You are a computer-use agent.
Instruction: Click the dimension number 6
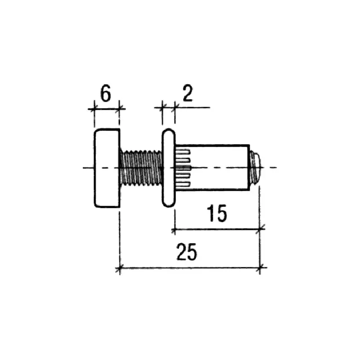(106, 93)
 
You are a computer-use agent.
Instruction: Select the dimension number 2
(188, 93)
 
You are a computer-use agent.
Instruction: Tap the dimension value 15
(217, 213)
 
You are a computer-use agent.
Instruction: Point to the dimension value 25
(187, 252)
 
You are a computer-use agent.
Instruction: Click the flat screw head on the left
(107, 168)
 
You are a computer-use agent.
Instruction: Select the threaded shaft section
(141, 168)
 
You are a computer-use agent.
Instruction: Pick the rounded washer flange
(169, 168)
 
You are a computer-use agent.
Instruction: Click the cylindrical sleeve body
(212, 167)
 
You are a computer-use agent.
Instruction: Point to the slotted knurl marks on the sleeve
(183, 168)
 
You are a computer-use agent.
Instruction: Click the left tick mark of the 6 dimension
(94, 108)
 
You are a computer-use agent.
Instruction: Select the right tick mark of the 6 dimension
(119, 108)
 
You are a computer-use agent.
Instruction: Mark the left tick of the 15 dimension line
(175, 229)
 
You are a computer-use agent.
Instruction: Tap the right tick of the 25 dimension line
(260, 268)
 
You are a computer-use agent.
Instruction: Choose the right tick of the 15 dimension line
(260, 229)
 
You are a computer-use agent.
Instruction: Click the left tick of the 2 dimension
(162, 107)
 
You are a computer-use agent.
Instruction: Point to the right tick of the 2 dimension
(175, 107)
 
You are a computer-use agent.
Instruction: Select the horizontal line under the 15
(218, 229)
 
